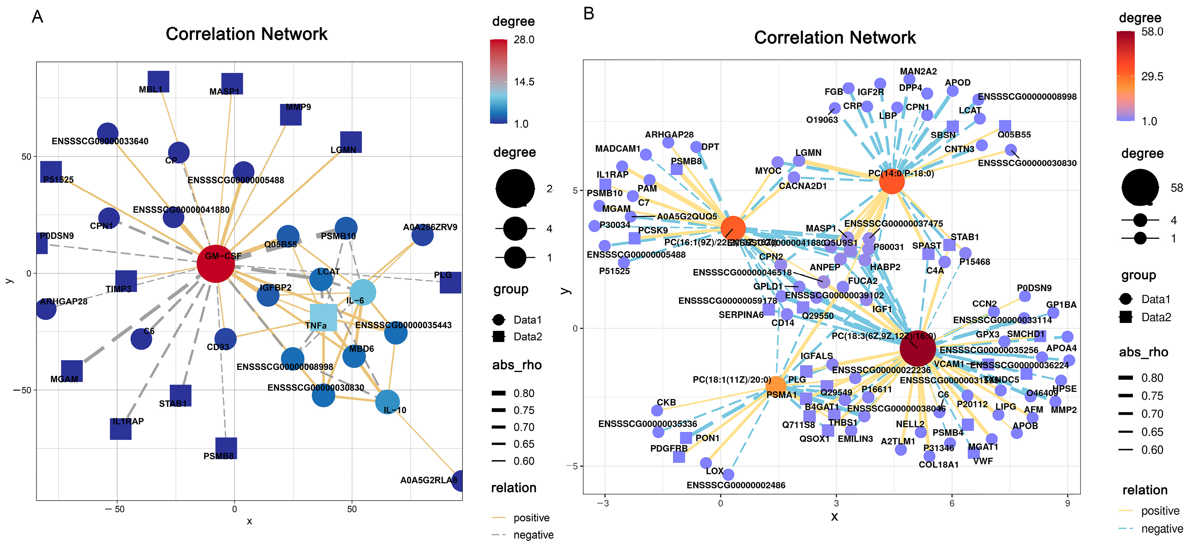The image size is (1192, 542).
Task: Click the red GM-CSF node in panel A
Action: (216, 264)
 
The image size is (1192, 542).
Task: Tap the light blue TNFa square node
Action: (323, 317)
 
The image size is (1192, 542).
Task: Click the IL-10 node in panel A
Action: (387, 401)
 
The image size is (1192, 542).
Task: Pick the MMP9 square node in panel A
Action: (291, 115)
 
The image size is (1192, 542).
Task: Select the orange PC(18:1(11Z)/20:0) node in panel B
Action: (776, 385)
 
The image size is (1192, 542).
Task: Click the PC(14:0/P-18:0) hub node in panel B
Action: (891, 182)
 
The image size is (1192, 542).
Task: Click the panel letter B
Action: (589, 14)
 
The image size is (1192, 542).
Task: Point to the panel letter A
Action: (37, 17)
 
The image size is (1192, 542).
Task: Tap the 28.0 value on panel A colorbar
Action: (524, 40)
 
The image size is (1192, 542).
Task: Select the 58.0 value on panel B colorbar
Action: (1152, 32)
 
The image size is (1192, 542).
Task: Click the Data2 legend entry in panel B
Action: (1156, 317)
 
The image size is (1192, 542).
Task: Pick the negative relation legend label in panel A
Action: (533, 535)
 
